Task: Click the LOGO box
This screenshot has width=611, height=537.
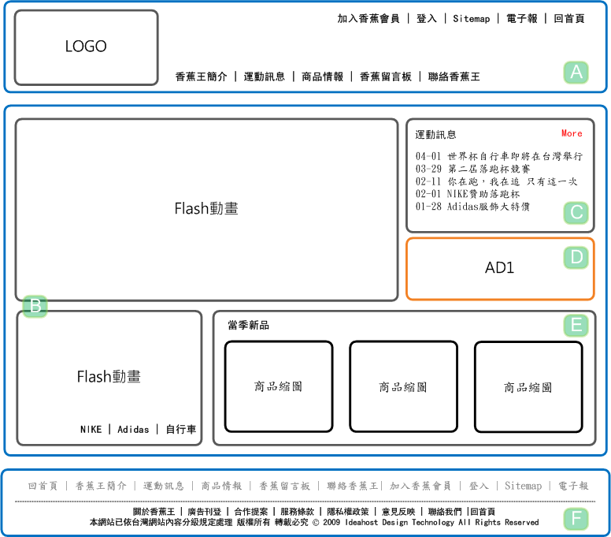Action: click(86, 47)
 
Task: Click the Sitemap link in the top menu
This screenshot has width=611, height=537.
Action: click(471, 19)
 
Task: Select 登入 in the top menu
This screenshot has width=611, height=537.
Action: click(426, 18)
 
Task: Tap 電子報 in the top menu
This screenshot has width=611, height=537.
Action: click(521, 18)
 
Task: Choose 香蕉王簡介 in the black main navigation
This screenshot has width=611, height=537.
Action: click(201, 76)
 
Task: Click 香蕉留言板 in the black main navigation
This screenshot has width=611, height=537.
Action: click(385, 76)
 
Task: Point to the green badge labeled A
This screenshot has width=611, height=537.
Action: click(576, 73)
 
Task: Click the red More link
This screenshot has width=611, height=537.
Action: click(572, 133)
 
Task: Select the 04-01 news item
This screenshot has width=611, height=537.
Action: click(498, 156)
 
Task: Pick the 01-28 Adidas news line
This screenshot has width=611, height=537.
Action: click(472, 207)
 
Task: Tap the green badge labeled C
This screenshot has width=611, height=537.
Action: click(576, 213)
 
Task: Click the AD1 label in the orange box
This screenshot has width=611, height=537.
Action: click(499, 268)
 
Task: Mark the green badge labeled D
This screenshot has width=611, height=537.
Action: click(576, 258)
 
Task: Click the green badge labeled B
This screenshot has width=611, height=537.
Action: click(35, 306)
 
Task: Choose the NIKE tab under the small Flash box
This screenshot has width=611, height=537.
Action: click(91, 429)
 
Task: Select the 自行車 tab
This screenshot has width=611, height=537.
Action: click(181, 429)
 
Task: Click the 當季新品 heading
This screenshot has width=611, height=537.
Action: click(249, 325)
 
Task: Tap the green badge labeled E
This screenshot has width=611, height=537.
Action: click(576, 325)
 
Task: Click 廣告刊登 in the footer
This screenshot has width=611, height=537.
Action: click(204, 512)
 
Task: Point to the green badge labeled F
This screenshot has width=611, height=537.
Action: click(576, 519)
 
